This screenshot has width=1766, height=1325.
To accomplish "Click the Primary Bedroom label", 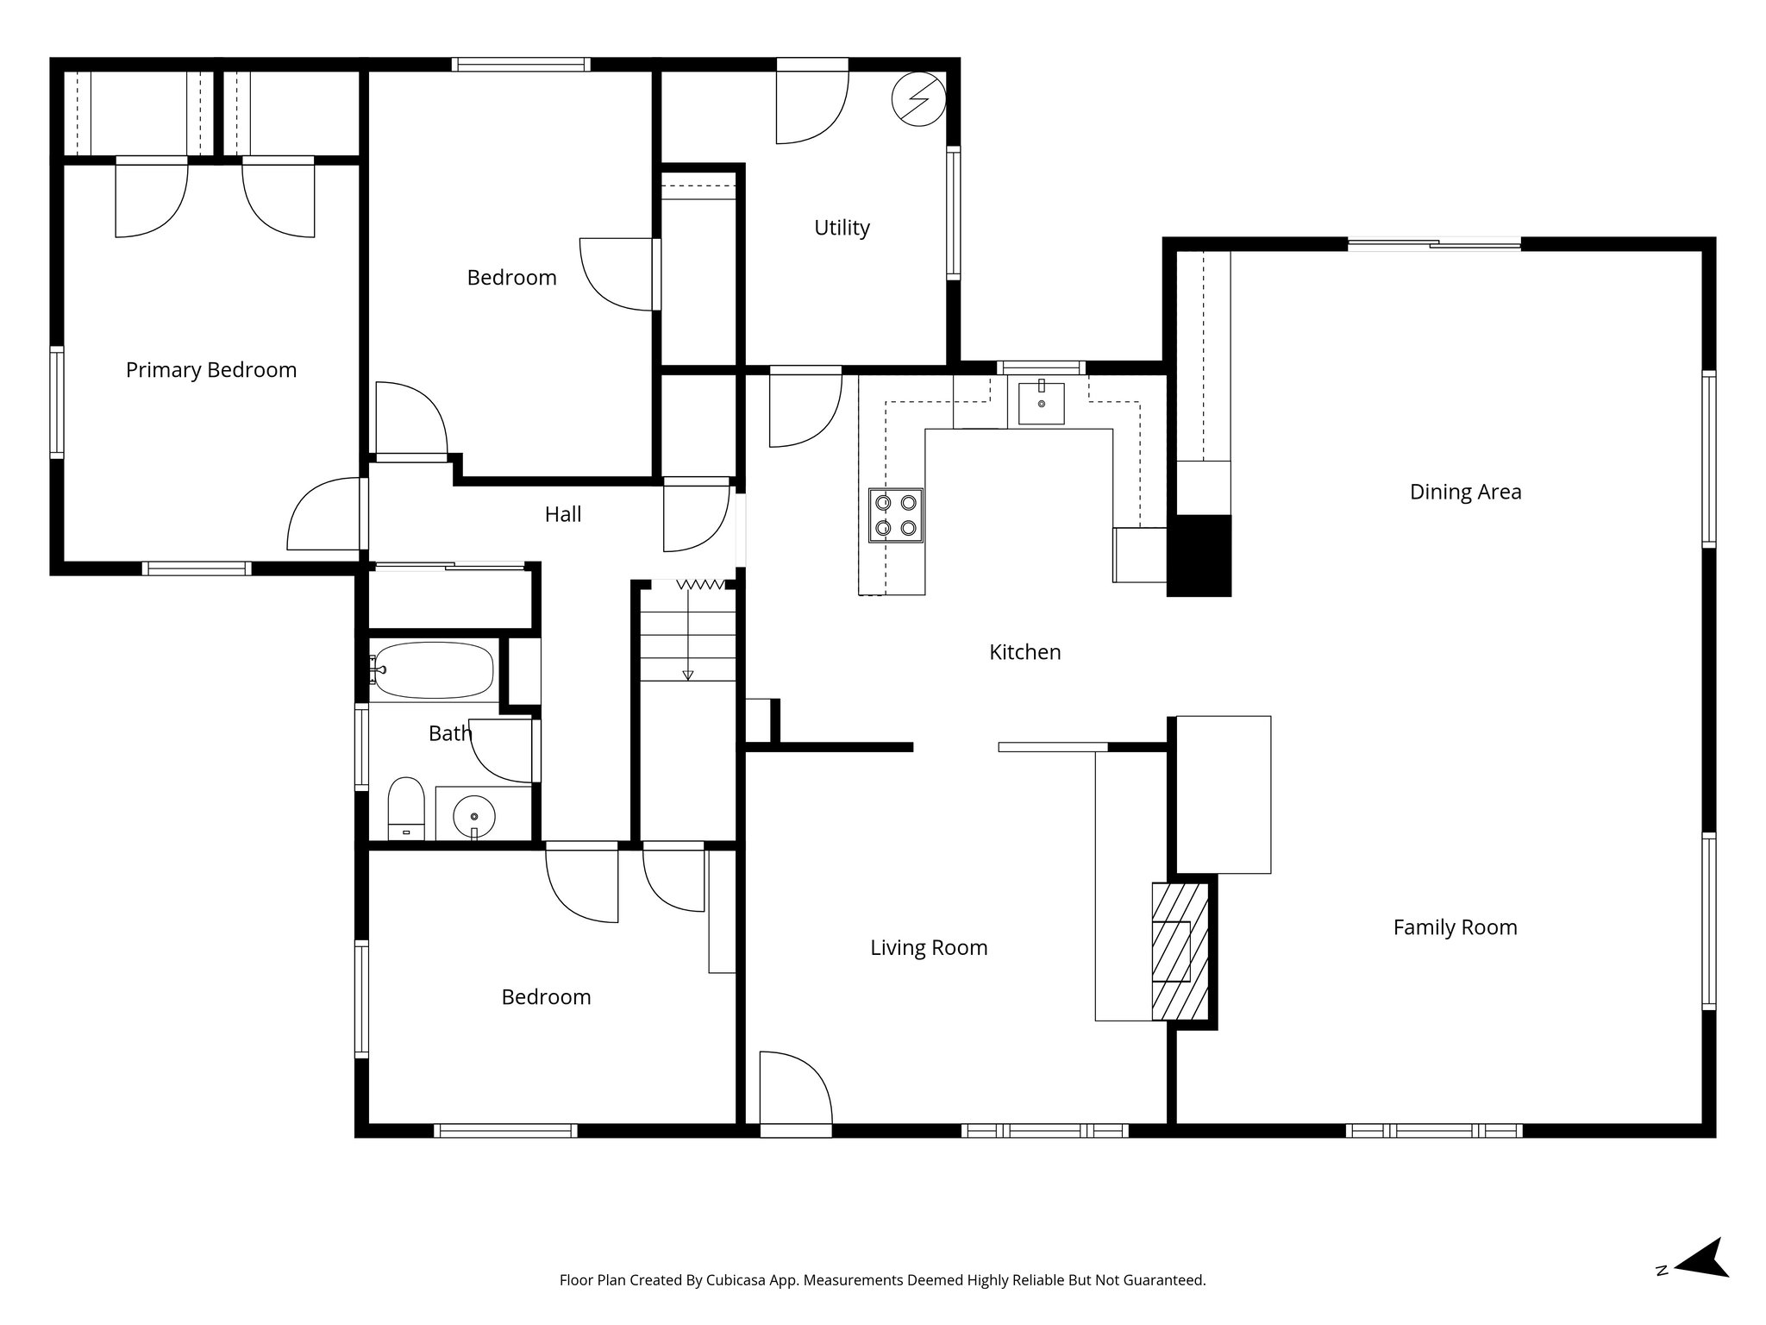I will (211, 370).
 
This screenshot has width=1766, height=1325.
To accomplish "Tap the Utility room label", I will (842, 228).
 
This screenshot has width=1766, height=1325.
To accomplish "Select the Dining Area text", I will (1465, 492).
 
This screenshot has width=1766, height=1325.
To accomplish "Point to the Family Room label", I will (1455, 927).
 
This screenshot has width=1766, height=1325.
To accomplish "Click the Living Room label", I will (929, 947).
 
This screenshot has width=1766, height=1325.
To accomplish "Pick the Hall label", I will (563, 514).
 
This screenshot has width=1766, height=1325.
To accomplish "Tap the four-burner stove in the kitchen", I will (895, 515).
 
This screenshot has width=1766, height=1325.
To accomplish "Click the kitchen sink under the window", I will (1041, 404).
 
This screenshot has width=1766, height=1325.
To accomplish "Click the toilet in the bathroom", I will (406, 807).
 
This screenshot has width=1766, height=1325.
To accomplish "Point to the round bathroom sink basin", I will (474, 814).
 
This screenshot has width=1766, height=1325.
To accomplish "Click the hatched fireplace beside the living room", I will (1179, 951).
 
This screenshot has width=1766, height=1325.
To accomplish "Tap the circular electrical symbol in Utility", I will (918, 99).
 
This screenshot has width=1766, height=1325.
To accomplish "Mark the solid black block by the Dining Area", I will (1199, 556).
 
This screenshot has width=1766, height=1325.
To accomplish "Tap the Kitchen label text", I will (1024, 652).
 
